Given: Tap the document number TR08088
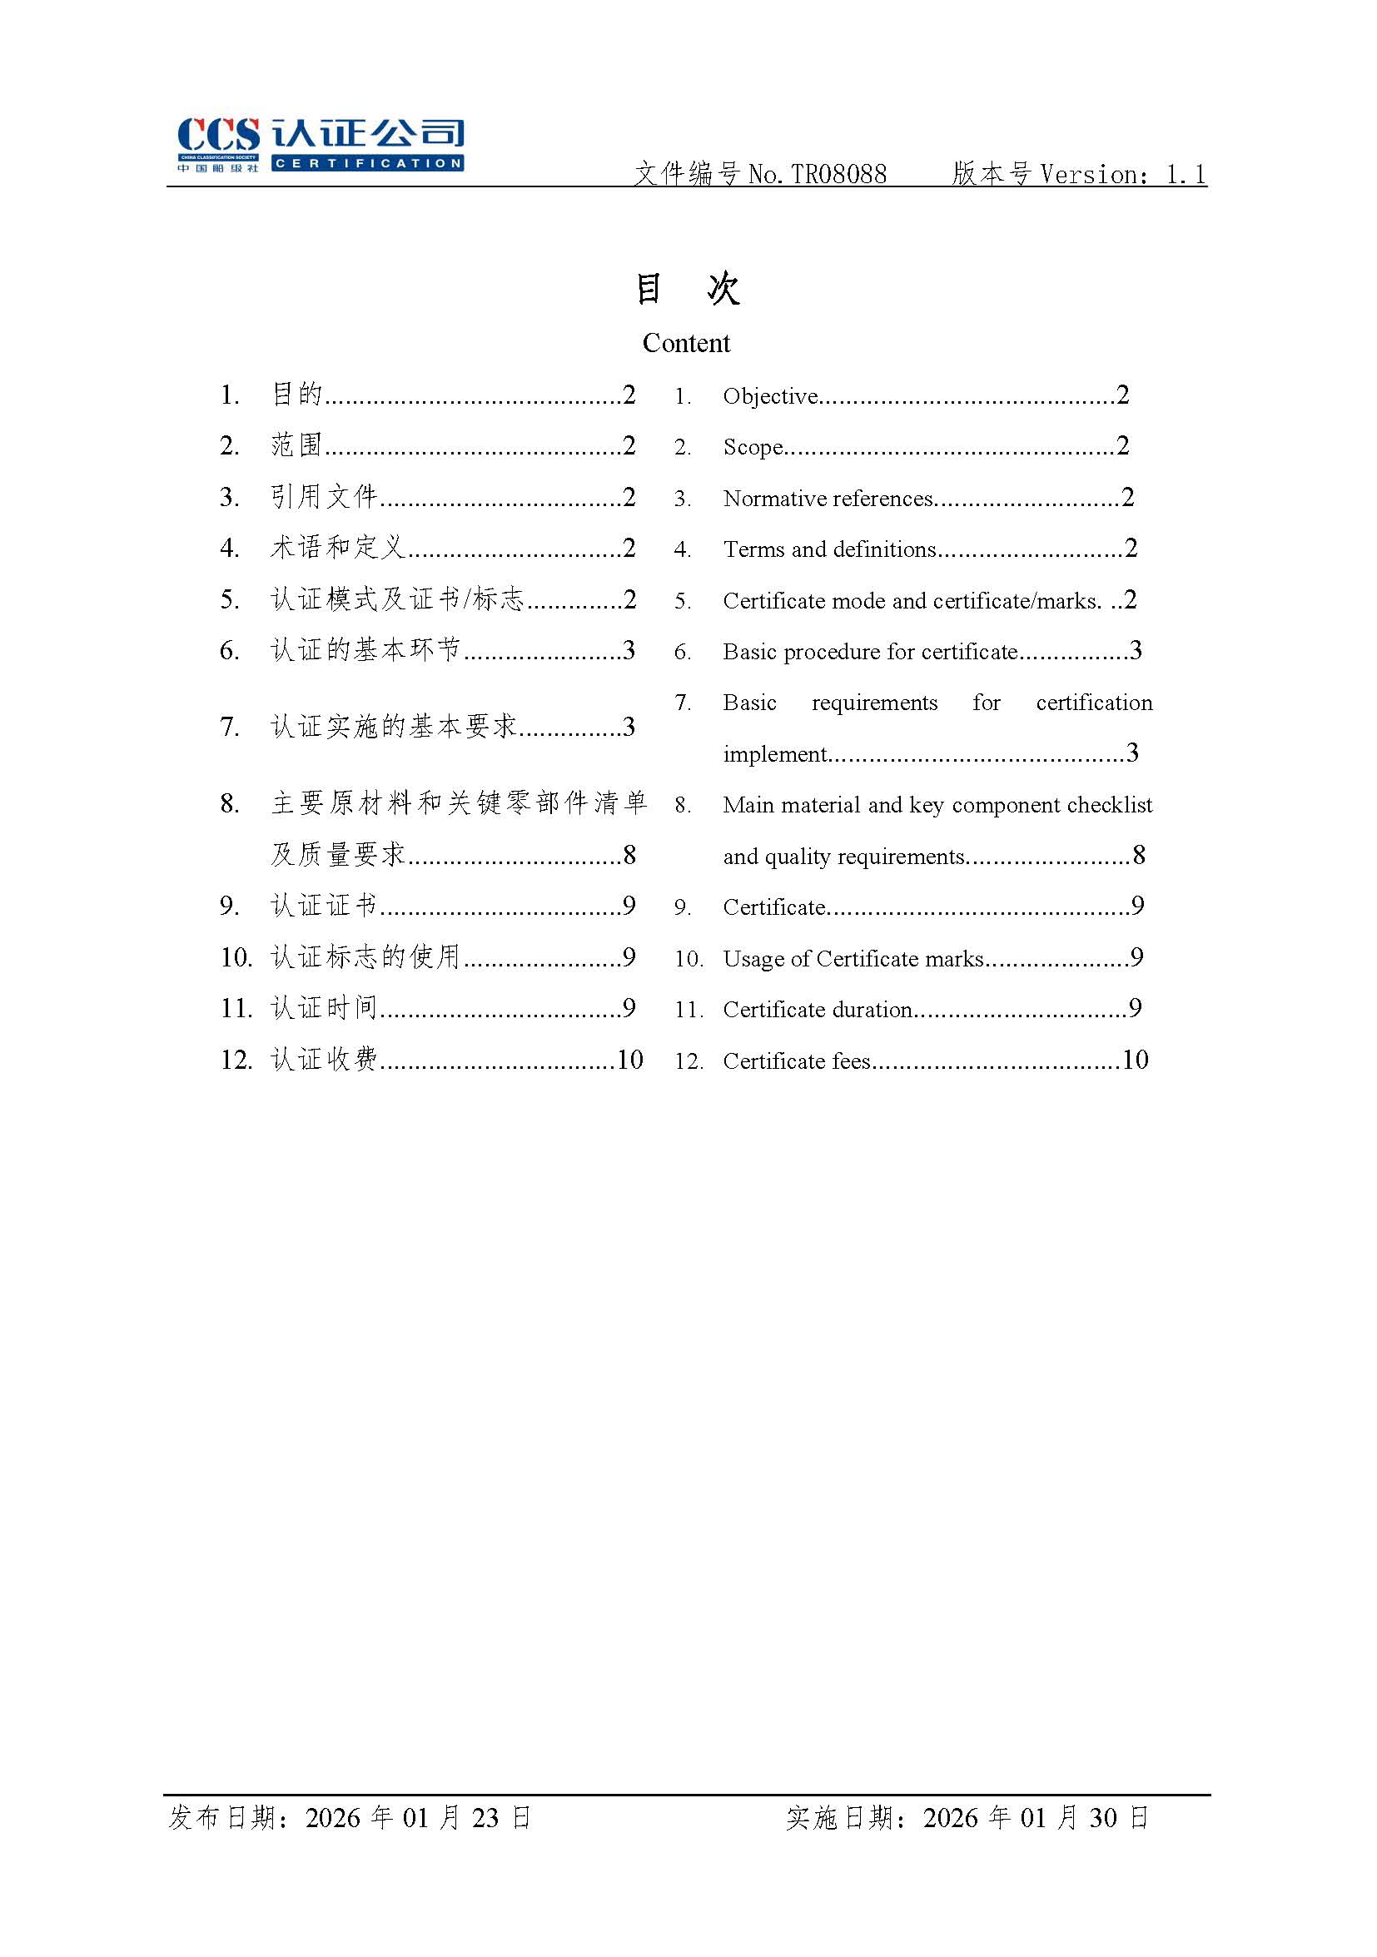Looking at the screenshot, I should [839, 175].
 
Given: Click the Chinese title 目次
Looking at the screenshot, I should [687, 289].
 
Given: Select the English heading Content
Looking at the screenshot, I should [686, 343].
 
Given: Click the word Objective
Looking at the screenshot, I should [770, 396].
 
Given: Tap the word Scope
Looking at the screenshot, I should [752, 447].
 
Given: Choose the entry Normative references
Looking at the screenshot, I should [827, 499].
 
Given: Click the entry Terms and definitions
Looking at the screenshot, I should [828, 549].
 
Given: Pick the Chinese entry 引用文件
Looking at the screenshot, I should [324, 497].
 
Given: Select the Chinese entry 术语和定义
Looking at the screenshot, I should [338, 547].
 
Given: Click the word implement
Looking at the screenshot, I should [774, 754].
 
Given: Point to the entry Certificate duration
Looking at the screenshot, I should [817, 1010].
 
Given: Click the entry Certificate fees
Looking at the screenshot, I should [797, 1061].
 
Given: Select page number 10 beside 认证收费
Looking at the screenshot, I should [630, 1060].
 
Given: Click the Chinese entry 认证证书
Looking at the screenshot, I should [324, 905].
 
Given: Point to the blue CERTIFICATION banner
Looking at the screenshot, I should [367, 164].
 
